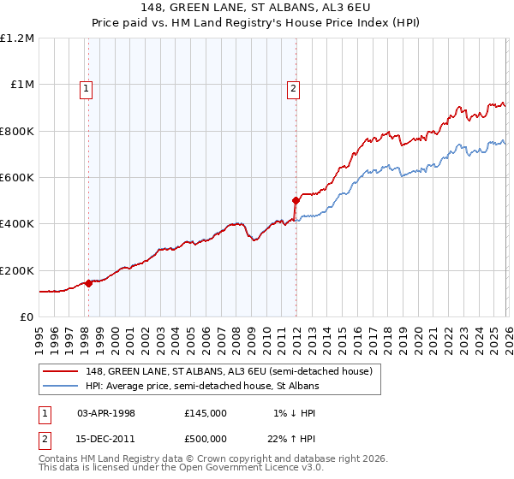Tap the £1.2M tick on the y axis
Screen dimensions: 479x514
pos(18,38)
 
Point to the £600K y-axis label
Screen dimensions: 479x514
pos(18,178)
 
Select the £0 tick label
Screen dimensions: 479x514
pos(27,316)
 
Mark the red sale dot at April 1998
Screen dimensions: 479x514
pos(88,284)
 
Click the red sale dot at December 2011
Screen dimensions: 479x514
pos(296,201)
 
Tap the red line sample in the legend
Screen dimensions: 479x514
pos(63,372)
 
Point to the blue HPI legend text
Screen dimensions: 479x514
pos(202,387)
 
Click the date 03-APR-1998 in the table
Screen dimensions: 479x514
pos(106,412)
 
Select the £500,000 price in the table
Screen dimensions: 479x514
pos(206,438)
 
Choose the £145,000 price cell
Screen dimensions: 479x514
pos(206,412)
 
